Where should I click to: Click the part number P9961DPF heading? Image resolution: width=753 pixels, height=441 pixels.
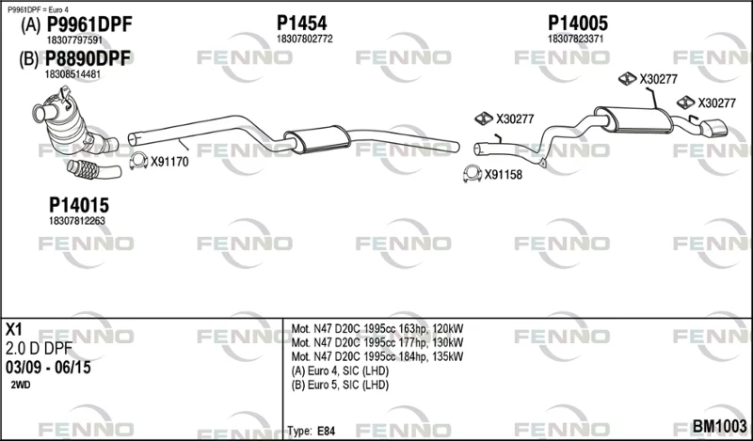pyautogui.click(x=88, y=24)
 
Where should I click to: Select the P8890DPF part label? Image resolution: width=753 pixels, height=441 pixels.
pyautogui.click(x=88, y=58)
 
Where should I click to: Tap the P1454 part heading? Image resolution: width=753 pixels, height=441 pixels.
pyautogui.click(x=301, y=23)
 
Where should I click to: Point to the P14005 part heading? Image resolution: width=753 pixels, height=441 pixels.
pyautogui.click(x=578, y=23)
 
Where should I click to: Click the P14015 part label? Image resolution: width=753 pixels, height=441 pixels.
pyautogui.click(x=79, y=205)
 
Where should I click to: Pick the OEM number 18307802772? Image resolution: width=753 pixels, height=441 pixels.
pyautogui.click(x=304, y=39)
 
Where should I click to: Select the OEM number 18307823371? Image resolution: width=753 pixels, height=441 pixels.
pyautogui.click(x=575, y=39)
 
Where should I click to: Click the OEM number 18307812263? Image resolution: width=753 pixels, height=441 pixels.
pyautogui.click(x=77, y=221)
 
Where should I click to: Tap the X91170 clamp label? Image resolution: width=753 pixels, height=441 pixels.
pyautogui.click(x=169, y=162)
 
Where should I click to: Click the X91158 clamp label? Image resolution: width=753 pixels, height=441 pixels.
pyautogui.click(x=503, y=175)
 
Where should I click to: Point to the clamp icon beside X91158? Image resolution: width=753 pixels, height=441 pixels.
pyautogui.click(x=473, y=174)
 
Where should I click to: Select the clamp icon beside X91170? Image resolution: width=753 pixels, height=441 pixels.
pyautogui.click(x=138, y=161)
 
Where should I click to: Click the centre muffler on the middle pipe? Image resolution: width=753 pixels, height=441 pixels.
pyautogui.click(x=317, y=139)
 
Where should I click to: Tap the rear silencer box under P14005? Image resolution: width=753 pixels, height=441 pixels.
pyautogui.click(x=633, y=119)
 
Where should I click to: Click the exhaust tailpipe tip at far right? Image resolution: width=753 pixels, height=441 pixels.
pyautogui.click(x=714, y=128)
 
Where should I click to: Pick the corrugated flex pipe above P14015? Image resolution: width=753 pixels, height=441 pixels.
pyautogui.click(x=94, y=170)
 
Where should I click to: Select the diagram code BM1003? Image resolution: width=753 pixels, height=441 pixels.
pyautogui.click(x=719, y=426)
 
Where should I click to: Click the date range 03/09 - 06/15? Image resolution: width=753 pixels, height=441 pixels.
pyautogui.click(x=48, y=368)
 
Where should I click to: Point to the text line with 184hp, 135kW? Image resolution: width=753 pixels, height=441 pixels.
pyautogui.click(x=377, y=356)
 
